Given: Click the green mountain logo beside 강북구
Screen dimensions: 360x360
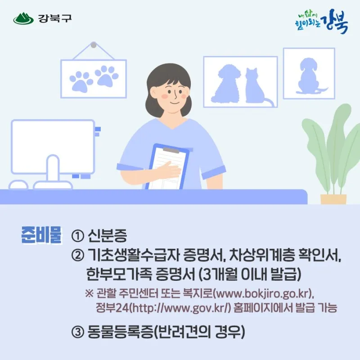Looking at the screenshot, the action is pos(23,18).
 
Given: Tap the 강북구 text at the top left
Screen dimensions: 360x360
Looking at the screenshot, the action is pos(55,18).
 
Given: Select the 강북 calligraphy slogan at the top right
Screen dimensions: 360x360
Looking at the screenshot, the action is pos(321,21).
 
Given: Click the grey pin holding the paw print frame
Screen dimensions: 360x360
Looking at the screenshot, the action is pos(94,45).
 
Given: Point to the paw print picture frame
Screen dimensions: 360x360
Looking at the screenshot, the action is pos(94,79).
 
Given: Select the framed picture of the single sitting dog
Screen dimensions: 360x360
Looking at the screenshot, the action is pos(309,73).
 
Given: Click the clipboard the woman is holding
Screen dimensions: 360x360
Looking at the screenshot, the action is pos(169,166).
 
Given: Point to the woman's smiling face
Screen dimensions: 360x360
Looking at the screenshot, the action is pos(174,94).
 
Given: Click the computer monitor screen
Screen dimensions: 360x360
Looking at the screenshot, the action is pos(53,147).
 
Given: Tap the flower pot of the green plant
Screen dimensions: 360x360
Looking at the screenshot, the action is pos(333,199).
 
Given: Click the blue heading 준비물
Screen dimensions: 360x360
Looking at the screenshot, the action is pos(41,235).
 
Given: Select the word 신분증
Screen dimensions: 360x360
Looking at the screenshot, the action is pos(107,235).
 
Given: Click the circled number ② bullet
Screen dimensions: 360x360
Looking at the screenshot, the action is pos(78,255).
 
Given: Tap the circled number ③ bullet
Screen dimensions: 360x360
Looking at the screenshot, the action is pos(78,332).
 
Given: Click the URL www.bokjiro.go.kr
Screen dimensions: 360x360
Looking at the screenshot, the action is pos(262,294).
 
